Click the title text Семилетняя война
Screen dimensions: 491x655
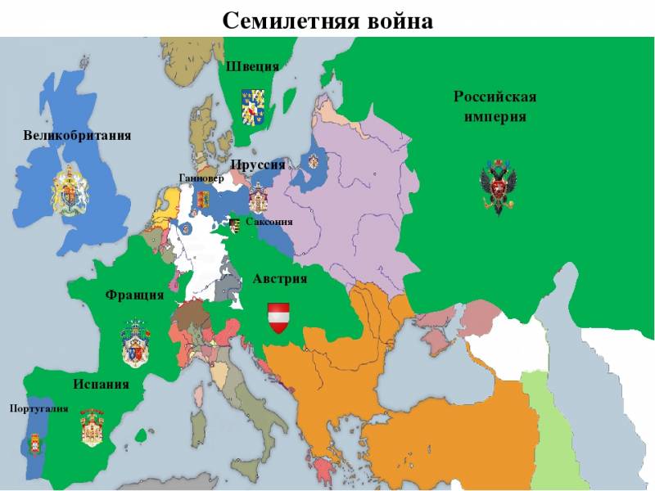pos(327,19)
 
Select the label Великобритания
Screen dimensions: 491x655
pos(77,135)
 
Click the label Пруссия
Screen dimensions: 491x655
pos(257,164)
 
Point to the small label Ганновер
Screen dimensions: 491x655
pos(201,178)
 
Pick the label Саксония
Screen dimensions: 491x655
pos(269,222)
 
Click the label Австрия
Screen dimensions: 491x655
pos(279,279)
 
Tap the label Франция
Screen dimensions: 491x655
pos(134,295)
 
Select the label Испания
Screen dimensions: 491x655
pos(101,384)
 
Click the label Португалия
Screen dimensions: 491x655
pos(38,408)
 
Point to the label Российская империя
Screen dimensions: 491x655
pos(495,106)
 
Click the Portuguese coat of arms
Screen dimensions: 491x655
pos(34,444)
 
